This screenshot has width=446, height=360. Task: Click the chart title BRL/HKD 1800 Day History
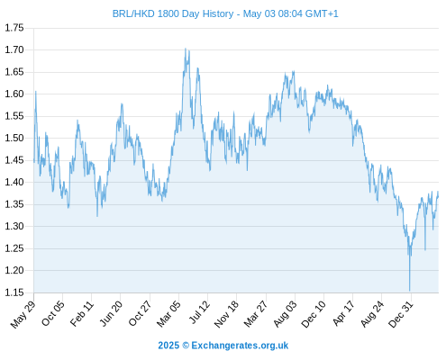pyautogui.click(x=173, y=13)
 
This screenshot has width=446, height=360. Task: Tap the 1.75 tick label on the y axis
pyautogui.click(x=14, y=28)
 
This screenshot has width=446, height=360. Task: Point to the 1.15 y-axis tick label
pyautogui.click(x=14, y=292)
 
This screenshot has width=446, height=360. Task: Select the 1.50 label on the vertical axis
pyautogui.click(x=14, y=139)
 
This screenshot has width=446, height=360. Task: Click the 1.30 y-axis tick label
pyautogui.click(x=14, y=227)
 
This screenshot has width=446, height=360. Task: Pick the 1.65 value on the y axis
pyautogui.click(x=14, y=72)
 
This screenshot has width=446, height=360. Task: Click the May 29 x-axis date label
pyautogui.click(x=23, y=313)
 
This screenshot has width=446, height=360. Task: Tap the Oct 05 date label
pyautogui.click(x=52, y=313)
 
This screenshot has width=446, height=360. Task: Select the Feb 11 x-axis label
pyautogui.click(x=82, y=313)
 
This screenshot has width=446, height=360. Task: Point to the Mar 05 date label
pyautogui.click(x=168, y=313)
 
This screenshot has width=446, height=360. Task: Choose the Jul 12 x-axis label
pyautogui.click(x=198, y=312)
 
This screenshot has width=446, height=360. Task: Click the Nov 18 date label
pyautogui.click(x=226, y=313)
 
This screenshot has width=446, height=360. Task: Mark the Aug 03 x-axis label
pyautogui.click(x=285, y=313)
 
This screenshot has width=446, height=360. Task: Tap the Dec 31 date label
pyautogui.click(x=401, y=313)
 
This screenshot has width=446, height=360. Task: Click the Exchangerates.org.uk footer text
pyautogui.click(x=240, y=346)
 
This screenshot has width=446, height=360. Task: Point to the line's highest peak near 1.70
pyautogui.click(x=186, y=49)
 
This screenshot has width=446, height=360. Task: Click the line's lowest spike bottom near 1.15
pyautogui.click(x=409, y=291)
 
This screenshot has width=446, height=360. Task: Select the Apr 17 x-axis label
pyautogui.click(x=343, y=313)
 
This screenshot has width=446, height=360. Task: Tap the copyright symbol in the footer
pyautogui.click(x=186, y=346)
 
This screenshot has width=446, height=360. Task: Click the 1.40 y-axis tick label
pyautogui.click(x=14, y=182)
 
